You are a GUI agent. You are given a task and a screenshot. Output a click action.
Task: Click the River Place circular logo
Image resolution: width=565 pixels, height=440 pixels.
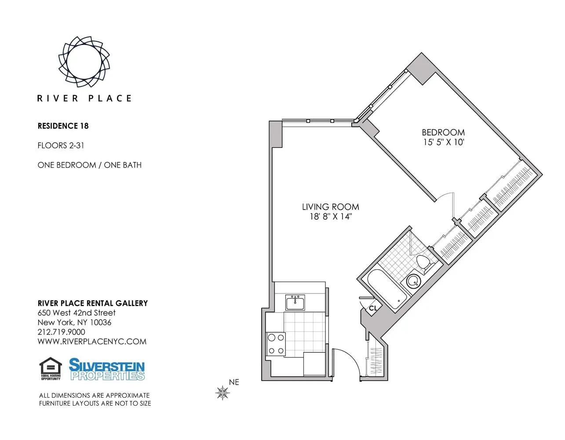[84, 61]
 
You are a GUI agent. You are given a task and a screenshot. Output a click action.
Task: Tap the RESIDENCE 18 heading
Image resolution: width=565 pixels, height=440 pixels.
[63, 126]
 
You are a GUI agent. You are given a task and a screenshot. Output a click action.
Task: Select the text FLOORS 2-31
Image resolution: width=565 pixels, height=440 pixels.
[61, 145]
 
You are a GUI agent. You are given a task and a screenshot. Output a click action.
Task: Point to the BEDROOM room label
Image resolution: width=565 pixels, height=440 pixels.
[443, 132]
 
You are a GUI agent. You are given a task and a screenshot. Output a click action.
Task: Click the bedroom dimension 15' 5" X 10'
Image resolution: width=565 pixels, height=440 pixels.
[443, 142]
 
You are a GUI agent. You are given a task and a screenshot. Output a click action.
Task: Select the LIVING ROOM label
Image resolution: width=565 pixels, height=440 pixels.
[330, 207]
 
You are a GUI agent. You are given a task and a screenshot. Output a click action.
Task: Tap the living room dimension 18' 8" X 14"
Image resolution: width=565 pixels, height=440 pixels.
[331, 216]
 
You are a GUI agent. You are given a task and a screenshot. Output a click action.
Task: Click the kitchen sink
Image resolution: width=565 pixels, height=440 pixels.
[295, 303]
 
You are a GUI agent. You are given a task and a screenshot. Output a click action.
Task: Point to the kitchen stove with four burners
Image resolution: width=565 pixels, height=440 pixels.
[276, 344]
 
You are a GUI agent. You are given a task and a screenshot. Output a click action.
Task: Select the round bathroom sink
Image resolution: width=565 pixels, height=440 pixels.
[413, 280]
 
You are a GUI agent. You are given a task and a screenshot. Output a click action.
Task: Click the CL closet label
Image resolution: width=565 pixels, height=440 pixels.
[373, 308]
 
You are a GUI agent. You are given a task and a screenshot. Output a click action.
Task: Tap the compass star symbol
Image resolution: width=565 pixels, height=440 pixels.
[223, 392]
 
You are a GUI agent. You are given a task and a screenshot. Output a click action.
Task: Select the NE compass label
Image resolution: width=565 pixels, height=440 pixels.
[234, 382]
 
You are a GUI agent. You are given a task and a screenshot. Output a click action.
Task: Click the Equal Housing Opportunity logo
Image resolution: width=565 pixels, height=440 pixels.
[51, 369]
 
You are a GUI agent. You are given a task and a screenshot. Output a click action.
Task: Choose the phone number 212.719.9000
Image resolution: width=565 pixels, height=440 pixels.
[62, 332]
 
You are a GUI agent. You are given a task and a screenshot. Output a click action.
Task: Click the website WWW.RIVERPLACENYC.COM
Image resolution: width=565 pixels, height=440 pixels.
[92, 341]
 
